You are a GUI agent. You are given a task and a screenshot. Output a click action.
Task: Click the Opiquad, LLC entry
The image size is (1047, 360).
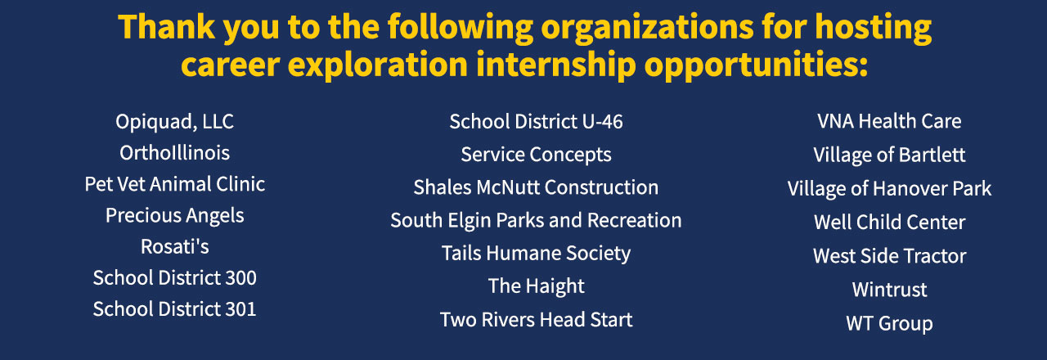pyautogui.click(x=174, y=122)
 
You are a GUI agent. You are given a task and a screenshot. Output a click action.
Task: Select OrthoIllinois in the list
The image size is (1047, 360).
pyautogui.click(x=174, y=153)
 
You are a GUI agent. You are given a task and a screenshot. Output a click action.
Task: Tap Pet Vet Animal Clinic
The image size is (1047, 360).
pyautogui.click(x=174, y=184)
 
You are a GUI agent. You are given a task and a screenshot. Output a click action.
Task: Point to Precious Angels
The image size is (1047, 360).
pyautogui.click(x=174, y=216)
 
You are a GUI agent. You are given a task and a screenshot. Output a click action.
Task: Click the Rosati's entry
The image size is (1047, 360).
pyautogui.click(x=174, y=246)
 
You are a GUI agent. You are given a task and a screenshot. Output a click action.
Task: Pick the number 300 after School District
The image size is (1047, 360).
pyautogui.click(x=240, y=277)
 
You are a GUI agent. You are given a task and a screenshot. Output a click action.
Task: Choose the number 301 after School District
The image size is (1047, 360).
pyautogui.click(x=240, y=309)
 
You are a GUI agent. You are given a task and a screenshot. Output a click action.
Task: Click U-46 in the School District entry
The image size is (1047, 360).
pyautogui.click(x=602, y=122)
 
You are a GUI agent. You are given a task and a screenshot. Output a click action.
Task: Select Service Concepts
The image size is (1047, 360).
pyautogui.click(x=536, y=155)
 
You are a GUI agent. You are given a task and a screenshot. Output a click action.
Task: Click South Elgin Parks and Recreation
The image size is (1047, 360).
pyautogui.click(x=536, y=221)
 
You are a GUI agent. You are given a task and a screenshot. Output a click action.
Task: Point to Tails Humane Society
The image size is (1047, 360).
pyautogui.click(x=536, y=254)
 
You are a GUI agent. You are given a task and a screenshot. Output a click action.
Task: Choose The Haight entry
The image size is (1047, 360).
pyautogui.click(x=536, y=286)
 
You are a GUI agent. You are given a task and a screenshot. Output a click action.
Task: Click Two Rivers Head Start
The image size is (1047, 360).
pyautogui.click(x=536, y=320)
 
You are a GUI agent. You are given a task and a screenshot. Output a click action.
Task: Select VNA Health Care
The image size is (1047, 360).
pyautogui.click(x=889, y=122)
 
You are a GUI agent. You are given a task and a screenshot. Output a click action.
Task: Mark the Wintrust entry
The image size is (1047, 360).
pyautogui.click(x=889, y=290)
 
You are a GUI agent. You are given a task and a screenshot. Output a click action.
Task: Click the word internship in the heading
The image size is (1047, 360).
pyautogui.click(x=555, y=65)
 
